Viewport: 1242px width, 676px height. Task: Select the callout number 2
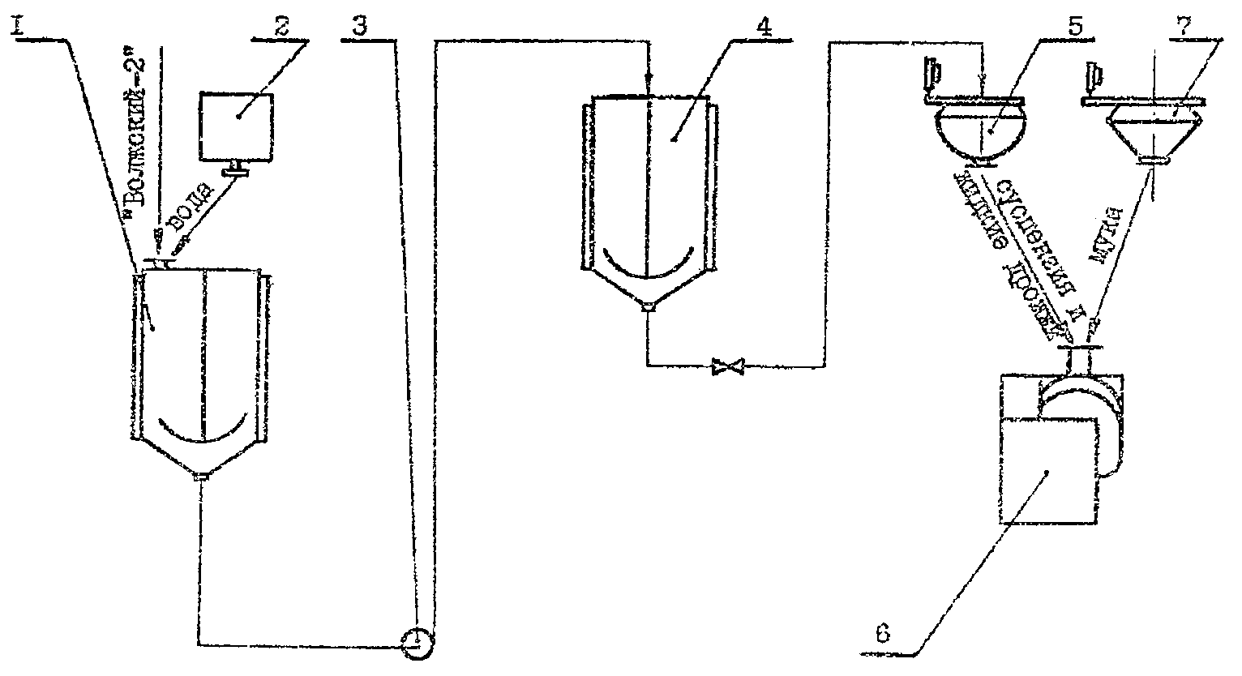click(281, 27)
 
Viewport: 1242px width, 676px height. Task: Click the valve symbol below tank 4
click(727, 367)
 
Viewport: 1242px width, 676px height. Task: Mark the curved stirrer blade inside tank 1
click(203, 432)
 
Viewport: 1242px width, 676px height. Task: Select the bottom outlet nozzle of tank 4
click(647, 307)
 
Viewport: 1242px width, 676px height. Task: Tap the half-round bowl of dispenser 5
click(981, 134)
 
